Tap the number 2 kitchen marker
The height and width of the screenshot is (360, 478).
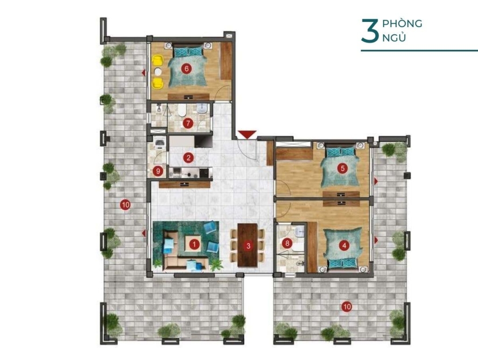pyautogui.click(x=189, y=158)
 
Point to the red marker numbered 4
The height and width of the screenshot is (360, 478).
pyautogui.click(x=344, y=246)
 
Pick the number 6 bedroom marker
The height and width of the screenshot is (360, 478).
pyautogui.click(x=186, y=69)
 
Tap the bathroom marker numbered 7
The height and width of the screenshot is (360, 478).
pyautogui.click(x=188, y=123)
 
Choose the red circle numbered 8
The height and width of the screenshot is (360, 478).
pyautogui.click(x=287, y=243)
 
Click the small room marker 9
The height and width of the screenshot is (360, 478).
pyautogui.click(x=158, y=171)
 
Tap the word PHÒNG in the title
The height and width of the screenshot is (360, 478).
pyautogui.click(x=402, y=23)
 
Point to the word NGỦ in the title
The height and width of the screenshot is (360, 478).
pyautogui.click(x=394, y=37)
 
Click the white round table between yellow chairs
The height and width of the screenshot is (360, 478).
pyautogui.click(x=158, y=71)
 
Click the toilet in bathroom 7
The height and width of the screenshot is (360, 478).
pyautogui.click(x=181, y=111)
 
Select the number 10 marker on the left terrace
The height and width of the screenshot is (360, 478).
pyautogui.click(x=125, y=205)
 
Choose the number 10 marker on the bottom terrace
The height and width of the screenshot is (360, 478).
pyautogui.click(x=347, y=307)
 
